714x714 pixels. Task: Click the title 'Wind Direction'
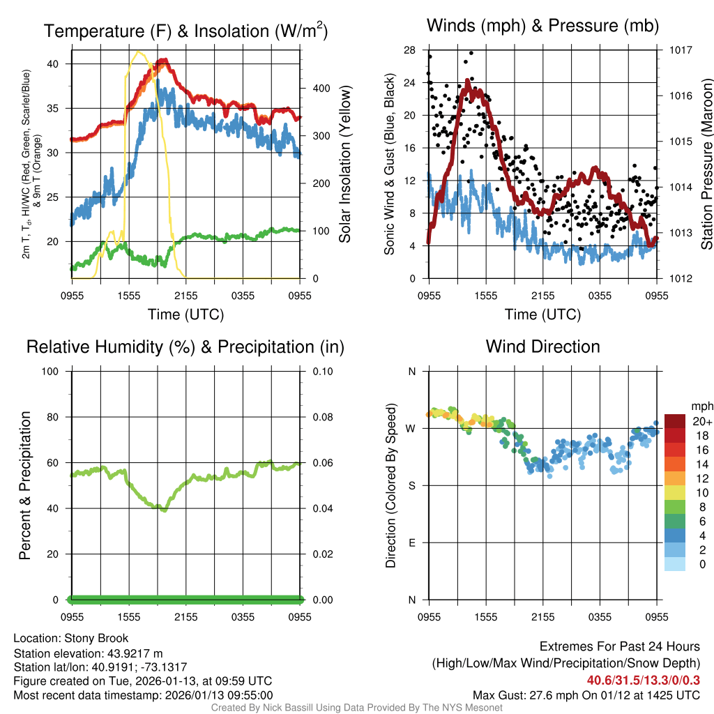[x=542, y=347]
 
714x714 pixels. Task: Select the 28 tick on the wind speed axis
[x=409, y=50]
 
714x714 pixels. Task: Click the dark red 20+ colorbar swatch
[x=675, y=421]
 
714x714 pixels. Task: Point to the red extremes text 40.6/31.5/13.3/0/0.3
[x=643, y=680]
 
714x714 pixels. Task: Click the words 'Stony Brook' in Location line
[x=96, y=638]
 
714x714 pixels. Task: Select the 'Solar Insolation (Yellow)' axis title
[x=344, y=165]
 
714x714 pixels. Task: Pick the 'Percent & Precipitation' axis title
[x=24, y=485]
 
